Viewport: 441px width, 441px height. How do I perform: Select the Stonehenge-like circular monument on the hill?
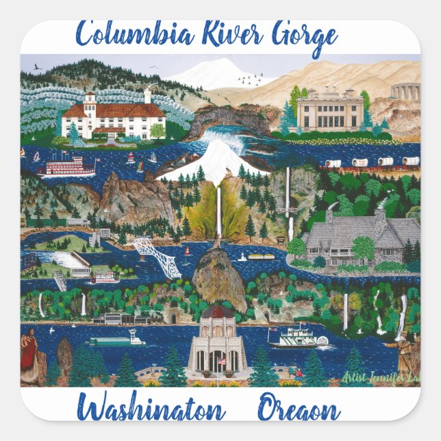coord(405,91)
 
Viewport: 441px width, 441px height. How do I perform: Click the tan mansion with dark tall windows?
coord(330,110)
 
